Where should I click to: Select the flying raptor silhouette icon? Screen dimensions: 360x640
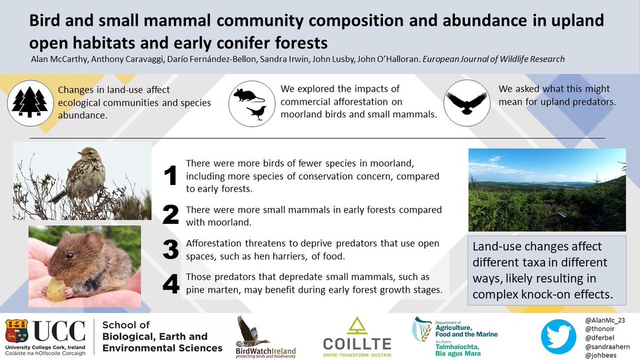click(466, 102)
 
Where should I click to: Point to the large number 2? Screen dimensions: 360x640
click(170, 214)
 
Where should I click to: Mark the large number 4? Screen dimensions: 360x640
click(171, 284)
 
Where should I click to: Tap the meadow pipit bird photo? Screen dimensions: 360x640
click(83, 180)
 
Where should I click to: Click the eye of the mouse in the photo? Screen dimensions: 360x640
click(70, 255)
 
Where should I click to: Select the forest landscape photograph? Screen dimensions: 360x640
click(547, 189)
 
